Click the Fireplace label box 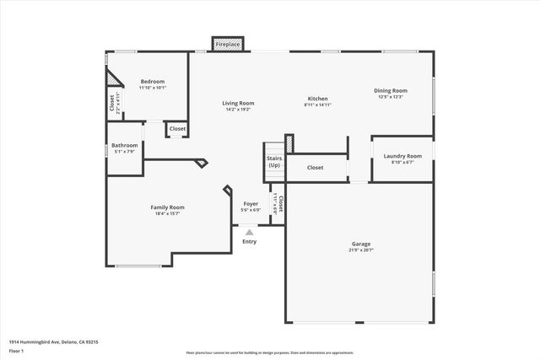[229, 44]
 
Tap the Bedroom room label [153, 81]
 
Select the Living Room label [239, 103]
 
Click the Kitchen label [317, 99]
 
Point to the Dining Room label [391, 90]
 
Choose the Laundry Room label [402, 156]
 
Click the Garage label [360, 245]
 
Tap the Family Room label [167, 207]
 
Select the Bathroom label [124, 146]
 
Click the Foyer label [251, 204]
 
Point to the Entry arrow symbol [250, 231]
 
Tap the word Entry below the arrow [250, 242]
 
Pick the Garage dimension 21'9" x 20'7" [360, 250]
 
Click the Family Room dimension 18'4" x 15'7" [167, 213]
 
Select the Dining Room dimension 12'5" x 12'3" [391, 97]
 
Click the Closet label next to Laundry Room [315, 167]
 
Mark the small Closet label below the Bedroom [177, 129]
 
